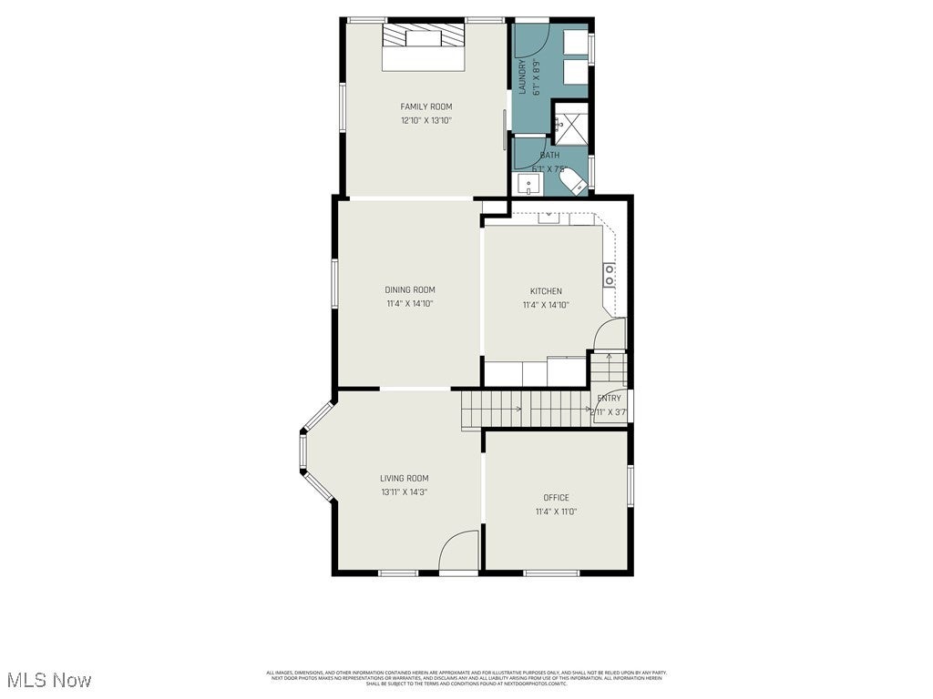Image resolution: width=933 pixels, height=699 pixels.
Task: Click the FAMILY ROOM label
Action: (x=425, y=106)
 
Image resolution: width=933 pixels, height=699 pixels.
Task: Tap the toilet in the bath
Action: (x=577, y=186)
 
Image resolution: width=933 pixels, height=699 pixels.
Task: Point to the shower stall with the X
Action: (x=571, y=126)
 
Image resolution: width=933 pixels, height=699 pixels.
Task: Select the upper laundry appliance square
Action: (x=574, y=43)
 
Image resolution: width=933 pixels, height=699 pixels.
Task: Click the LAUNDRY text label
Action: (x=523, y=77)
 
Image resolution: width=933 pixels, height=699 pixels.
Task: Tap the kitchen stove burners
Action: (x=609, y=275)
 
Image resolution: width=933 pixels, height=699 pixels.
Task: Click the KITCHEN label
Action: (x=546, y=291)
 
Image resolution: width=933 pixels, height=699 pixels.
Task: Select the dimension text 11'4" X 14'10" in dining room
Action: (x=409, y=303)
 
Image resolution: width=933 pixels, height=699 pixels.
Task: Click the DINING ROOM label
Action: (x=409, y=289)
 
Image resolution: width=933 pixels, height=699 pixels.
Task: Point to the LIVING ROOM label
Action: (x=404, y=478)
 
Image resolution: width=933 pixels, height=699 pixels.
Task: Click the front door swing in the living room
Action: (x=458, y=552)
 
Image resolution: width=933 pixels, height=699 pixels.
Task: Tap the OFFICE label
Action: (x=556, y=497)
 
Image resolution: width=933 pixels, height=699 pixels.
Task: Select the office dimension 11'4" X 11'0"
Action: (x=556, y=512)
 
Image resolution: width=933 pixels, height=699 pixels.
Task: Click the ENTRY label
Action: (x=609, y=398)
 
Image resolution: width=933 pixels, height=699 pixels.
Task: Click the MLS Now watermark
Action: (x=48, y=680)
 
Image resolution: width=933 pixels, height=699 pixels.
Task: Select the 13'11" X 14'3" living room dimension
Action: (x=404, y=492)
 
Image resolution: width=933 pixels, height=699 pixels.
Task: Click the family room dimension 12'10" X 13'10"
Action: (x=425, y=120)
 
